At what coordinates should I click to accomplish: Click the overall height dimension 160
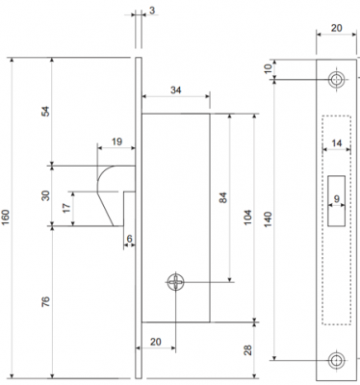pyautogui.click(x=6, y=218)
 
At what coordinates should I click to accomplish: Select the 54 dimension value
pyautogui.click(x=46, y=111)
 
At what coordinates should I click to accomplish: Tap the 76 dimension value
pyautogui.click(x=46, y=301)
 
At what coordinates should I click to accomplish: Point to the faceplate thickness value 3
pyautogui.click(x=152, y=11)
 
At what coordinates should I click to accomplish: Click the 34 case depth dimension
pyautogui.click(x=175, y=90)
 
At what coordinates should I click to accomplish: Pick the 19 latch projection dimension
pyautogui.click(x=117, y=141)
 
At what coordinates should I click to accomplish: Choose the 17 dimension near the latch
pyautogui.click(x=66, y=208)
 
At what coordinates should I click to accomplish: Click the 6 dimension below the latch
pyautogui.click(x=129, y=239)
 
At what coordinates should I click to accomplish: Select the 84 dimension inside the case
pyautogui.click(x=223, y=197)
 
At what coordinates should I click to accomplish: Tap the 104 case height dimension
pyautogui.click(x=248, y=218)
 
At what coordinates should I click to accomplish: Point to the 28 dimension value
pyautogui.click(x=248, y=349)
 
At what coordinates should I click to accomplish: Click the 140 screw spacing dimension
pyautogui.click(x=269, y=219)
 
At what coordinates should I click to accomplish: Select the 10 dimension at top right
pyautogui.click(x=269, y=68)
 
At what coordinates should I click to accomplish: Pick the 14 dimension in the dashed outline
pyautogui.click(x=337, y=142)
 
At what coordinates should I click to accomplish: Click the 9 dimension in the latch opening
pyautogui.click(x=336, y=199)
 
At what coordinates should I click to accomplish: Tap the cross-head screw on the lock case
pyautogui.click(x=176, y=282)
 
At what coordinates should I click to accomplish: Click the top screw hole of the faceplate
pyautogui.click(x=336, y=79)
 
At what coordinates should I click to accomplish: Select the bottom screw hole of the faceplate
pyautogui.click(x=336, y=361)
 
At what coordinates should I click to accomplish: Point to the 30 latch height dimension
pyautogui.click(x=46, y=195)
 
